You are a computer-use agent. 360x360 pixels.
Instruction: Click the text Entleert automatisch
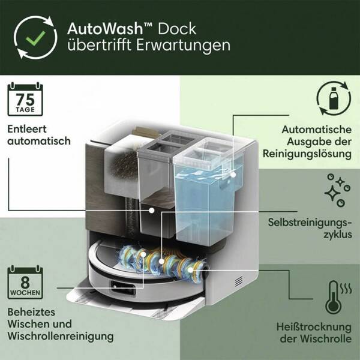40,135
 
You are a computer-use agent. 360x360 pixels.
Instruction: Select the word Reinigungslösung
307,154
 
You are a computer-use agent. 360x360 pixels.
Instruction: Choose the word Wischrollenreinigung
61,336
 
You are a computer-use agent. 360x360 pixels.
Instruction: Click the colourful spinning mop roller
162,261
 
